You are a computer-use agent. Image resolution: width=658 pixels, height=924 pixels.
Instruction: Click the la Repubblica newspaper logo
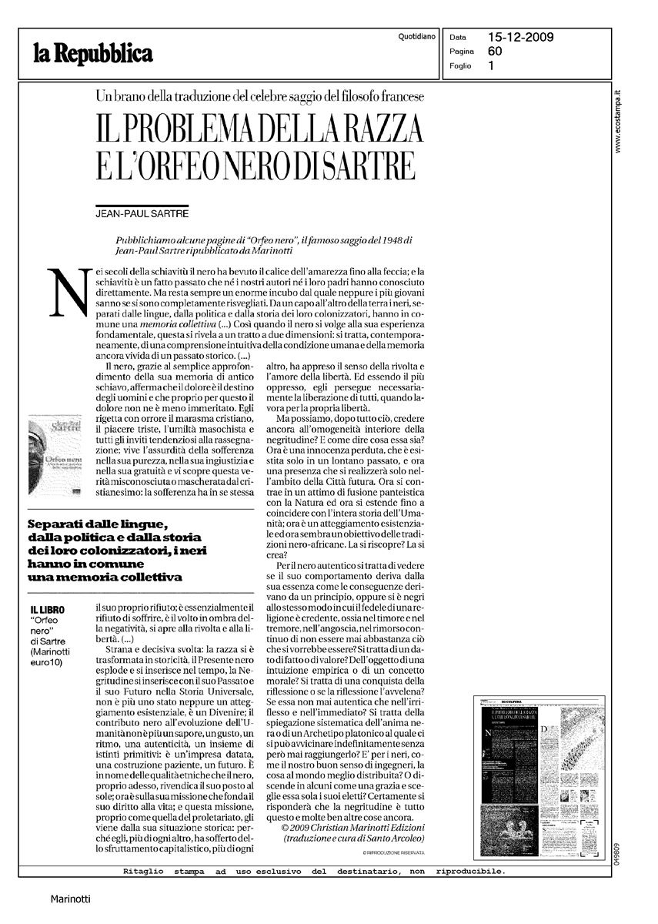click(x=92, y=52)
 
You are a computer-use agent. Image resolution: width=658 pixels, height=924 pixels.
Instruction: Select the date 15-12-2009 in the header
click(x=521, y=36)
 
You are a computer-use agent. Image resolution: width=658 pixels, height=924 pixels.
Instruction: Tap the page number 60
click(x=495, y=51)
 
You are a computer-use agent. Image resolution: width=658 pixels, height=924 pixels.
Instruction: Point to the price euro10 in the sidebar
click(x=45, y=661)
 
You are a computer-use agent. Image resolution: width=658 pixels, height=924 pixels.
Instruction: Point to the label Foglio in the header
click(x=460, y=65)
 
